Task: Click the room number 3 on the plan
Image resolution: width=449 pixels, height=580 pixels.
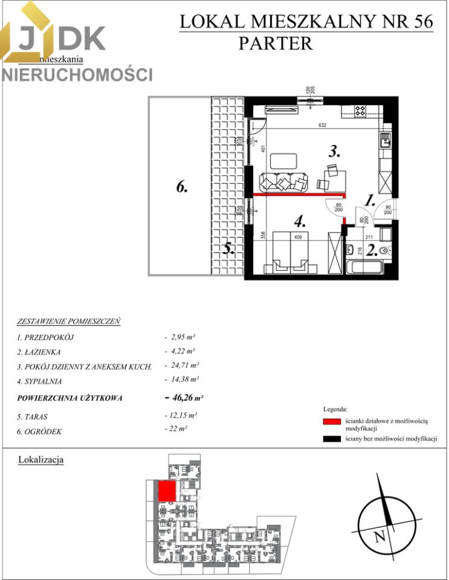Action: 334,152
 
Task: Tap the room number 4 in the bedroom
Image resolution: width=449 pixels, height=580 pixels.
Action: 299,222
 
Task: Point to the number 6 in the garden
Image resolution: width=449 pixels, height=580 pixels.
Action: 183,187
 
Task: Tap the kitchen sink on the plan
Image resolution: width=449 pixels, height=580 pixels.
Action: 384,143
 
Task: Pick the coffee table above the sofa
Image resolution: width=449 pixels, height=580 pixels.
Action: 283,161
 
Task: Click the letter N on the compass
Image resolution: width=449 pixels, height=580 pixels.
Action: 380,536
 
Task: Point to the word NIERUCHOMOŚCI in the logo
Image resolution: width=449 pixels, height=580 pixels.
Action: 77,74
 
